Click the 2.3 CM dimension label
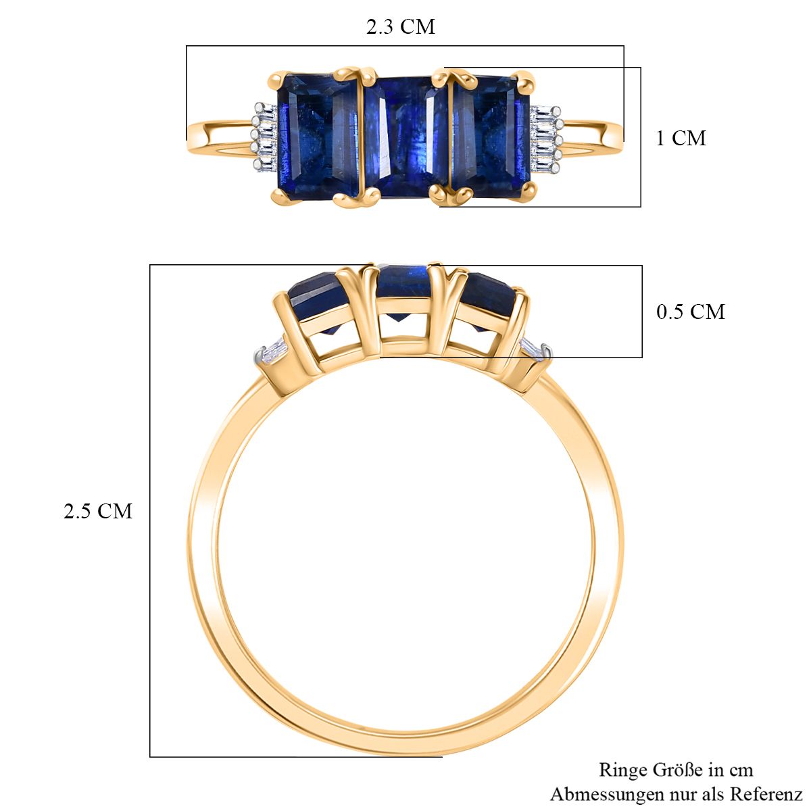400,27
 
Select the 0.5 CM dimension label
691,312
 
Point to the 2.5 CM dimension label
97,511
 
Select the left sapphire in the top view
318,136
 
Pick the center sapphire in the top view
405,137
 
